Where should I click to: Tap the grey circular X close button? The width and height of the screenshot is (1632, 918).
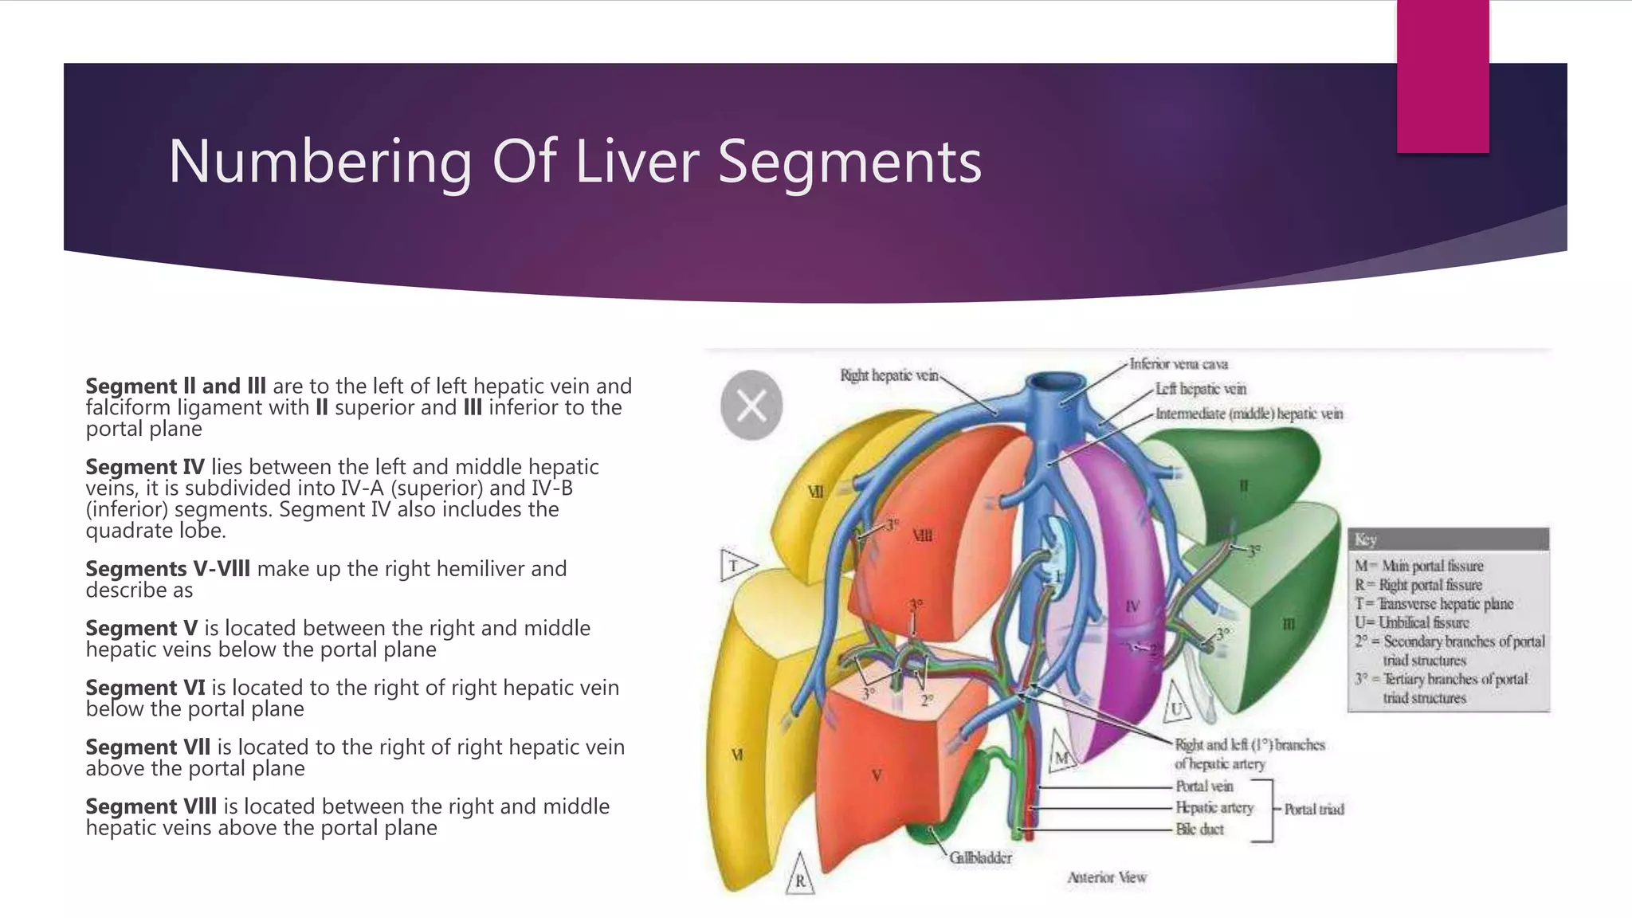pyautogui.click(x=751, y=406)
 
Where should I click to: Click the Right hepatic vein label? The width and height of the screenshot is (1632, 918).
pyautogui.click(x=889, y=375)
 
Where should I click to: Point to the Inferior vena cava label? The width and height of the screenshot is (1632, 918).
pyautogui.click(x=1179, y=364)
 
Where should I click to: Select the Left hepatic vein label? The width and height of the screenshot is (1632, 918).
pyautogui.click(x=1201, y=389)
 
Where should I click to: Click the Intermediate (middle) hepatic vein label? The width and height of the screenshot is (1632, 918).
pyautogui.click(x=1249, y=414)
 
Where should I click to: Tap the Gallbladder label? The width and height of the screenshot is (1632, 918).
pyautogui.click(x=980, y=858)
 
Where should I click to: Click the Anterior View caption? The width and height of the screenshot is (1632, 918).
pyautogui.click(x=1107, y=877)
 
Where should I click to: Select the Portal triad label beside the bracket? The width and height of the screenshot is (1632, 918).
pyautogui.click(x=1314, y=809)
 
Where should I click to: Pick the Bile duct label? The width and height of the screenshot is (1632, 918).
pyautogui.click(x=1199, y=830)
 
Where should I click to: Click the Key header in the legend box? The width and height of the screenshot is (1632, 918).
pyautogui.click(x=1366, y=539)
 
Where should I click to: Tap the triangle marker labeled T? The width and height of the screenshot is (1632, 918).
pyautogui.click(x=735, y=566)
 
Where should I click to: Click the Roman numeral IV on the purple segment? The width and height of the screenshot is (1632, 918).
pyautogui.click(x=1132, y=606)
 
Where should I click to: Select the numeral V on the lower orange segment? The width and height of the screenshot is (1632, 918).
pyautogui.click(x=877, y=775)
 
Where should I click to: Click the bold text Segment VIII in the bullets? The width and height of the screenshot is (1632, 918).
pyautogui.click(x=151, y=806)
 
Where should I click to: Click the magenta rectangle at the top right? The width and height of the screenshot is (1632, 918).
pyautogui.click(x=1442, y=76)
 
